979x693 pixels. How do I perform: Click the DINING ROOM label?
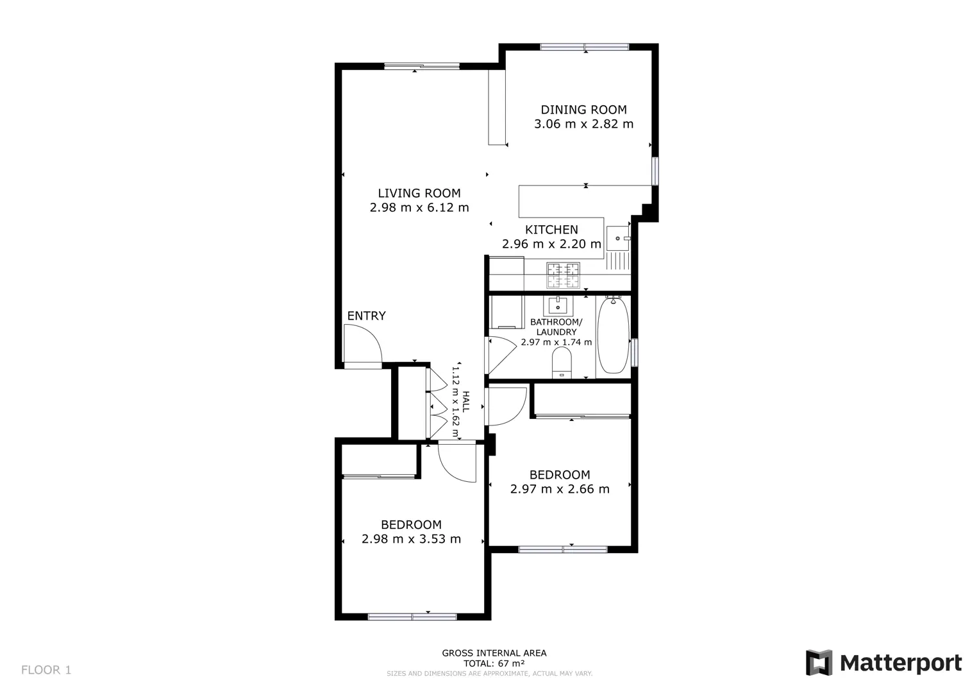point(583,110)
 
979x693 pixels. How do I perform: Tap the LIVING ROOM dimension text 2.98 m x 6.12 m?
point(419,207)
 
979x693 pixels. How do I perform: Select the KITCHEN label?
point(551,230)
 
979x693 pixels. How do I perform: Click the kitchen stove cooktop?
point(564,275)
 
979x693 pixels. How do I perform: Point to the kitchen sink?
point(617,239)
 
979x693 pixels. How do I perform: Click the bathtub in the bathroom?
point(613,336)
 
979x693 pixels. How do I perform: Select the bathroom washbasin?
point(558,305)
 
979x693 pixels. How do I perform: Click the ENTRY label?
point(366,316)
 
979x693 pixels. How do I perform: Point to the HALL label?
point(466,402)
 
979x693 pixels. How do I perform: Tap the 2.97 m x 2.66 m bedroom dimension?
point(560,489)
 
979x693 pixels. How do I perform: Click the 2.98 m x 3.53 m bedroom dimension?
point(411,539)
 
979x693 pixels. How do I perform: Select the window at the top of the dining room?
point(584,47)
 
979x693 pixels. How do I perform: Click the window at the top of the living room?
point(422,67)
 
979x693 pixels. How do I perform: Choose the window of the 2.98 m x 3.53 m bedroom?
point(412,617)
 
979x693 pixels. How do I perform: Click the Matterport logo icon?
point(819,662)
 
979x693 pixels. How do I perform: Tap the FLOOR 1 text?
point(46,670)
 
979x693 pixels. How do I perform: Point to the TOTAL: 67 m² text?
point(494,663)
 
